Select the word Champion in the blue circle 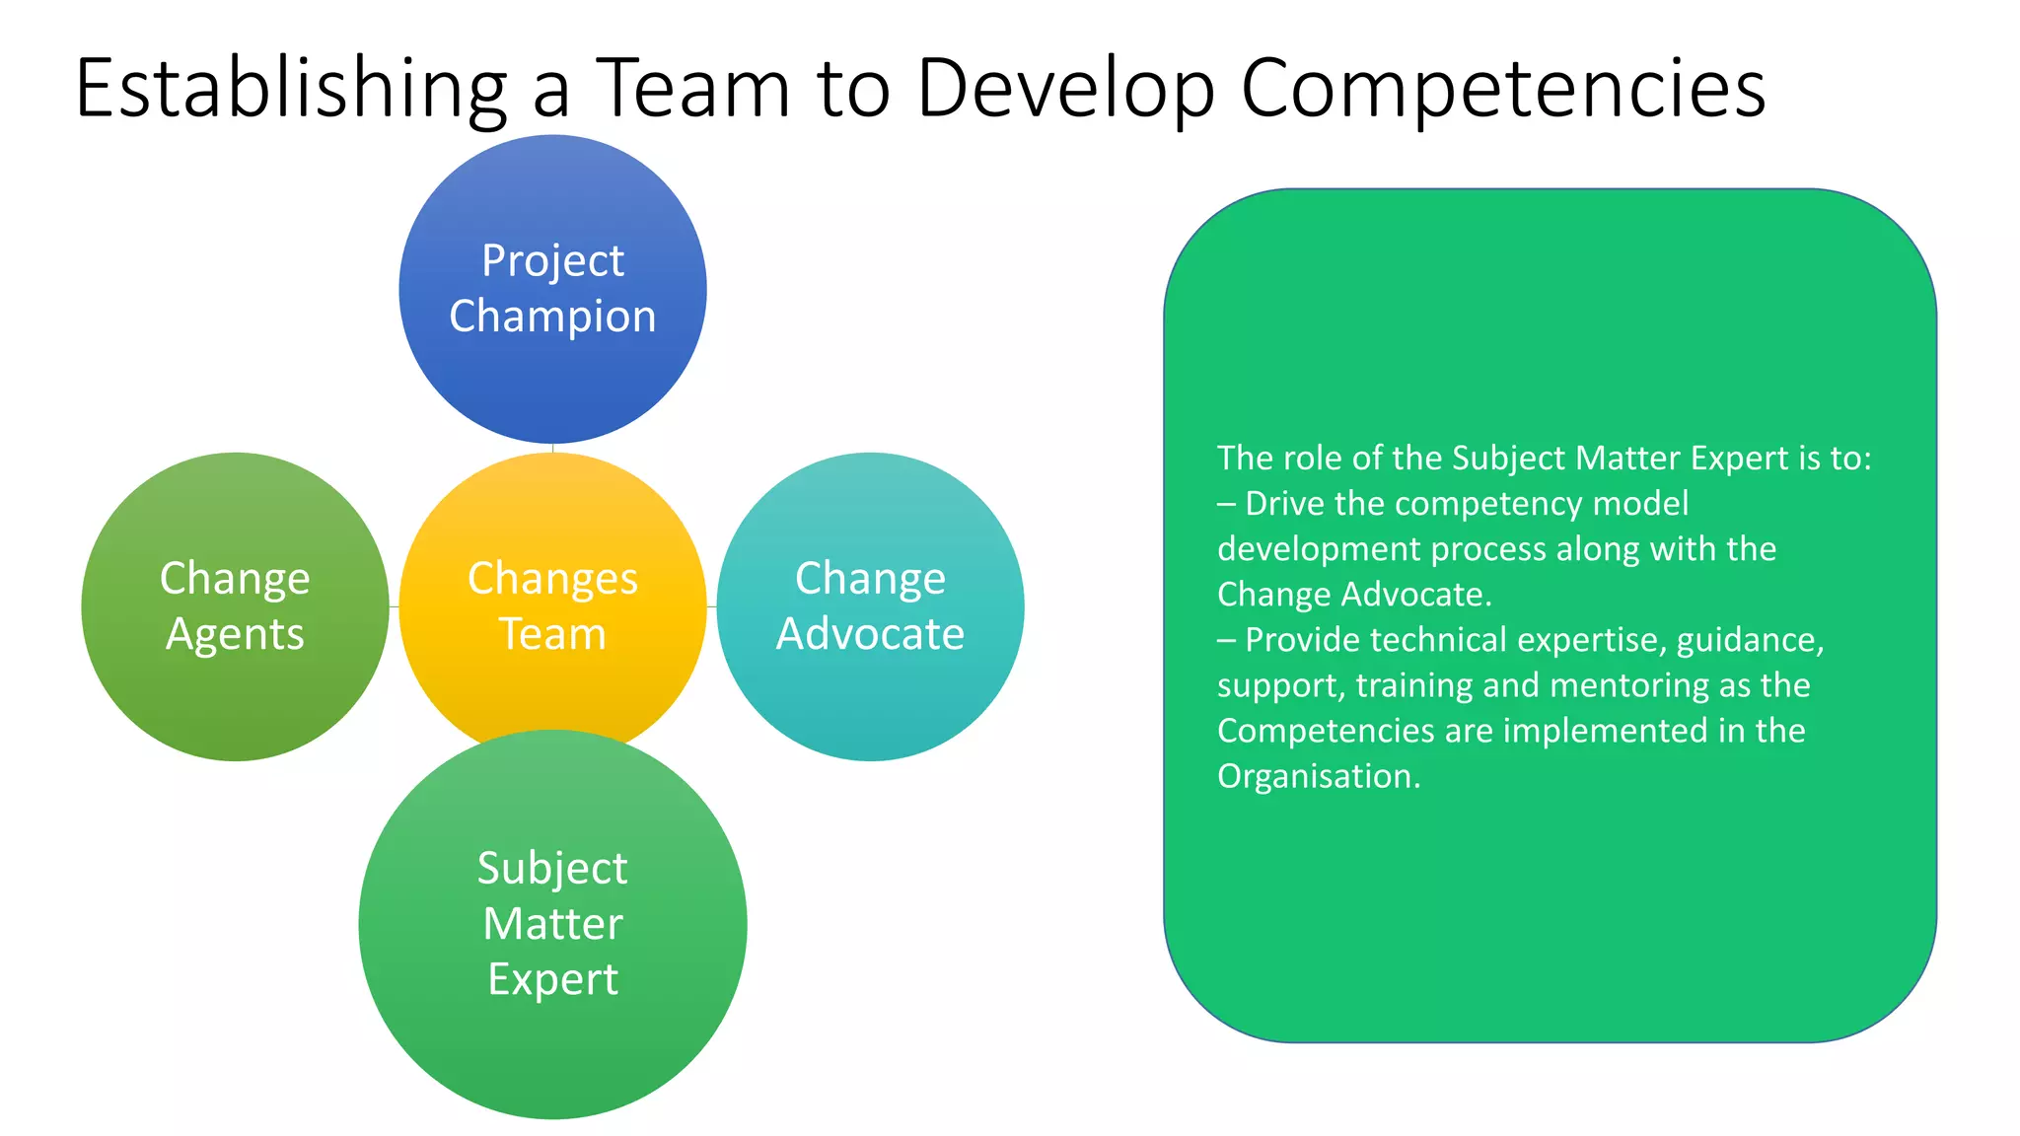tap(552, 317)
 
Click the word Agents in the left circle tap(235, 634)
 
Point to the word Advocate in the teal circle tap(870, 634)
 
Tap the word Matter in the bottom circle tap(552, 924)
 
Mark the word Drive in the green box tap(1284, 504)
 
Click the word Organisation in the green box tap(1319, 776)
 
